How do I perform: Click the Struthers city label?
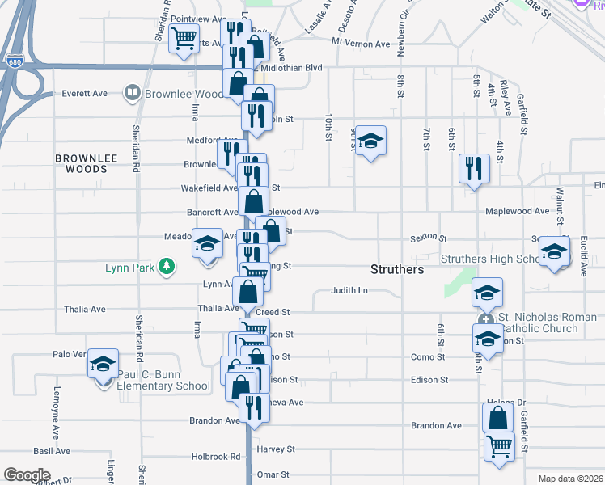[x=397, y=269]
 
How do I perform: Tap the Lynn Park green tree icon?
[x=167, y=266]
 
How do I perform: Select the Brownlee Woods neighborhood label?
[x=81, y=163]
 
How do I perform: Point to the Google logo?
[x=27, y=475]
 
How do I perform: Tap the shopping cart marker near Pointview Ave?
[x=184, y=37]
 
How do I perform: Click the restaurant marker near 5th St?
[x=474, y=169]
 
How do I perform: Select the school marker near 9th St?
[x=370, y=141]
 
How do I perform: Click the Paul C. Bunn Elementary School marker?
[x=103, y=365]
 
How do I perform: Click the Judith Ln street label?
[x=349, y=291]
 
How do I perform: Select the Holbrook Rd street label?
[x=216, y=457]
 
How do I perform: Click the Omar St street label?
[x=273, y=475]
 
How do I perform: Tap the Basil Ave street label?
[x=52, y=451]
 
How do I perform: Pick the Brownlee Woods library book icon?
[x=132, y=94]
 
